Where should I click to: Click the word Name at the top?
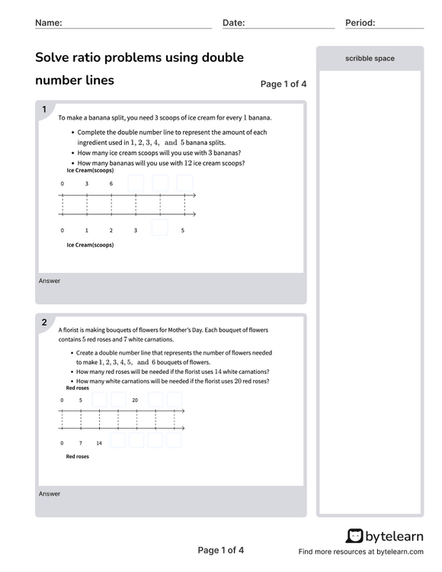[48, 23]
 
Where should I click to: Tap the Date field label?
[233, 23]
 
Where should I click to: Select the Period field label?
[360, 23]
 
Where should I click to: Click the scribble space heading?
[370, 59]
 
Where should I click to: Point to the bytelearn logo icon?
[354, 536]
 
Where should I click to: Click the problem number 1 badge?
[44, 110]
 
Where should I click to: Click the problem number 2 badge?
[44, 323]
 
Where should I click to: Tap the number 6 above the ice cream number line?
[111, 184]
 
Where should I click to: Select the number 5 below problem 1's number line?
[183, 230]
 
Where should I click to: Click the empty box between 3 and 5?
[159, 228]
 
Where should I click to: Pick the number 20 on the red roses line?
[135, 400]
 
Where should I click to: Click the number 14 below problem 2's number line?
[99, 442]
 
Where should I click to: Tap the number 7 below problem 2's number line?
[80, 442]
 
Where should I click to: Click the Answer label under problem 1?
[50, 281]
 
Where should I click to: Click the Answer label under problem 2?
[50, 494]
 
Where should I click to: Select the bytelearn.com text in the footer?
[395, 551]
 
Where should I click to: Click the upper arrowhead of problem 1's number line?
[194, 196]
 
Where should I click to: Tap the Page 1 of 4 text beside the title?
[283, 85]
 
